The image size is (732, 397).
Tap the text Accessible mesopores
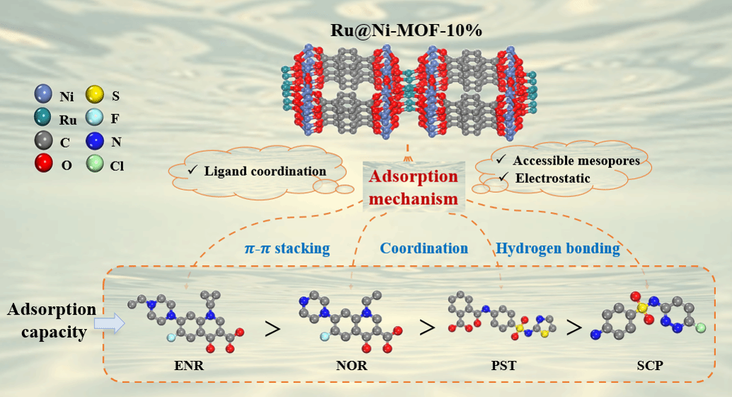[x=576, y=160]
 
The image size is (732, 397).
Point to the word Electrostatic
[x=551, y=179]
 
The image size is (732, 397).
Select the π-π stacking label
[x=281, y=248]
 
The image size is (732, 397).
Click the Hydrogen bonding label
[x=558, y=248]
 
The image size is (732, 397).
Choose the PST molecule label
[x=504, y=367]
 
